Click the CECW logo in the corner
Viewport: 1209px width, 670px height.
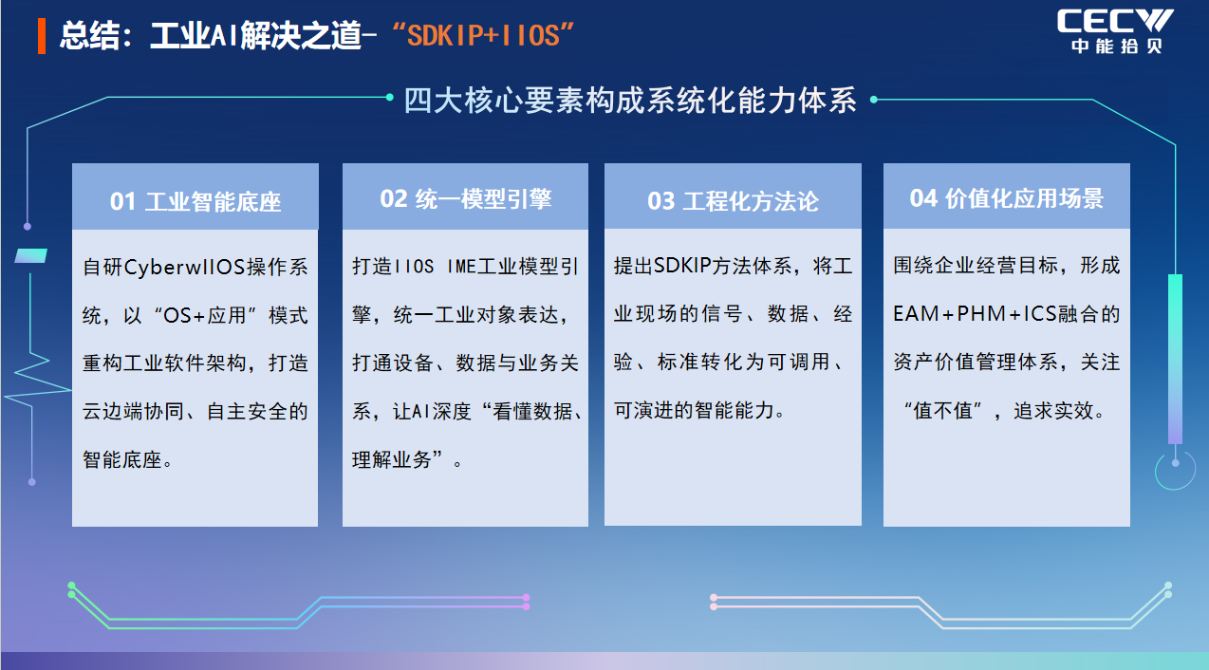coord(1114,30)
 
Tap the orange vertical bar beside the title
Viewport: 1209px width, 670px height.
coord(42,36)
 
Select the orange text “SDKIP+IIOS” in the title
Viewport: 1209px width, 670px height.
coord(483,36)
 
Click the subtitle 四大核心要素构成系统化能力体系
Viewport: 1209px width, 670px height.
coord(630,101)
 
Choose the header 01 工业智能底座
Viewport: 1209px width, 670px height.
coord(195,201)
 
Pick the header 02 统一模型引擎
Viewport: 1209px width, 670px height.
coord(465,198)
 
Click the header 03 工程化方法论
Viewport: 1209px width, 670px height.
coord(733,201)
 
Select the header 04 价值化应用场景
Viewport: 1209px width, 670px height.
coord(1007,198)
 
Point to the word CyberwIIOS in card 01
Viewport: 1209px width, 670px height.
coord(185,268)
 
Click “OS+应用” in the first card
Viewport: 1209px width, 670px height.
coord(204,315)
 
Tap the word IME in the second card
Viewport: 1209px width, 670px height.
coord(461,267)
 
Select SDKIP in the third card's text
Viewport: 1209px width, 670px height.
coord(682,266)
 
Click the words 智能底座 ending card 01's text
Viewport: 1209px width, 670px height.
coord(122,460)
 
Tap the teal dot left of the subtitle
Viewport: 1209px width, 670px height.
coord(390,97)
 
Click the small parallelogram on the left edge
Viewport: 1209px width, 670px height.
coord(30,256)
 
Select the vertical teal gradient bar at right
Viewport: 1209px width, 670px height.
coord(1175,359)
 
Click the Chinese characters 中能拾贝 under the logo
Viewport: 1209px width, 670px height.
coord(1117,46)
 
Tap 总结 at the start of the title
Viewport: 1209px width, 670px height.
coord(89,36)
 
